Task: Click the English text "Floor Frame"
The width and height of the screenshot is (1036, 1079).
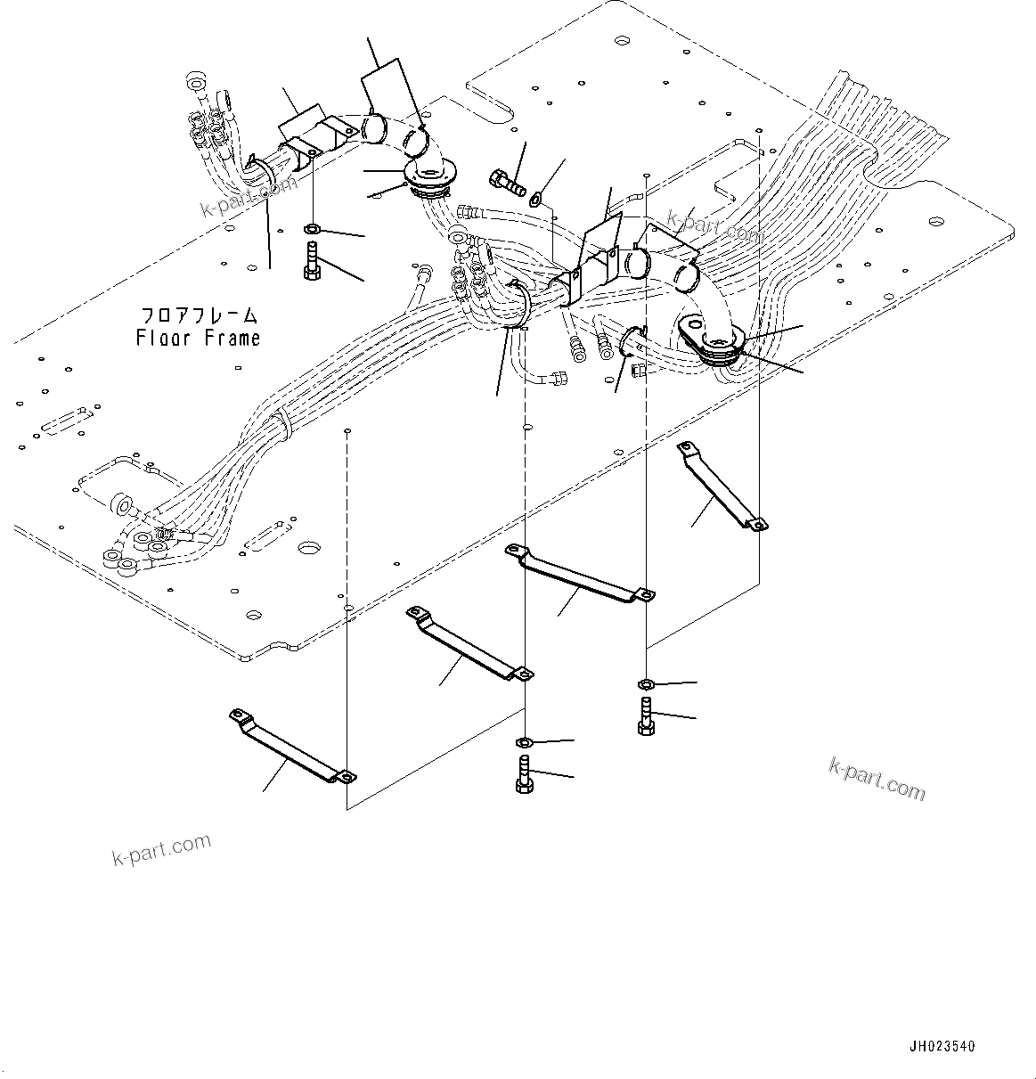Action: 198,338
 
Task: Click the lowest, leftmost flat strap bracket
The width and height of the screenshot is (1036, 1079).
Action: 292,745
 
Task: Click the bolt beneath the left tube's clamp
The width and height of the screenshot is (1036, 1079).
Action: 311,260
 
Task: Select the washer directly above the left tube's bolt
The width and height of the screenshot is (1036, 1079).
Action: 311,229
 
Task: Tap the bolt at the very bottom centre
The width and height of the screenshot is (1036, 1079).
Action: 524,773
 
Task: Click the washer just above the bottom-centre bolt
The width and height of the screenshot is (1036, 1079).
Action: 525,741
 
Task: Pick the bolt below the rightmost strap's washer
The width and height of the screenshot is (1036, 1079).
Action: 647,716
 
